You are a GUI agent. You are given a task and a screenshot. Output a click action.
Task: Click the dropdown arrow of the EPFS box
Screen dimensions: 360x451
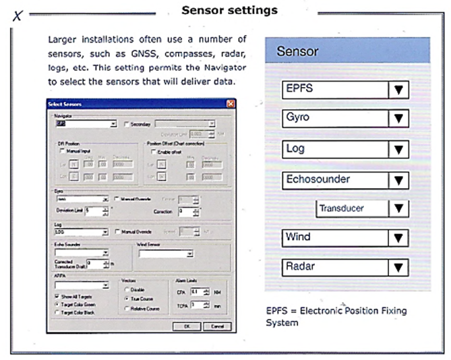[x=399, y=90]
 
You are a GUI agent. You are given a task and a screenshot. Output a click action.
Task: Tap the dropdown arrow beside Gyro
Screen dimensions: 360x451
[x=399, y=119]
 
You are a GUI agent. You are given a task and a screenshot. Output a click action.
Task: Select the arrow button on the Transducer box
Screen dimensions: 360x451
[x=399, y=209]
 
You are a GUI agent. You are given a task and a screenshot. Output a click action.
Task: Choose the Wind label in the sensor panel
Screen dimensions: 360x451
[x=297, y=237]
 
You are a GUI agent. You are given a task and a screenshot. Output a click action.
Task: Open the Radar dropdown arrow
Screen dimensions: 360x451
[x=399, y=267]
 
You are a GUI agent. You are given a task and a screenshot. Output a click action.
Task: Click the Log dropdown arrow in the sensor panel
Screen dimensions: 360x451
[x=399, y=149]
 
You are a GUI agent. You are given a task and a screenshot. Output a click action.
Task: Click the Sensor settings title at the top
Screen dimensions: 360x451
[x=229, y=11]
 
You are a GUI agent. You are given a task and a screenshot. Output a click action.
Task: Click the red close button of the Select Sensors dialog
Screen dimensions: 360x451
[x=231, y=103]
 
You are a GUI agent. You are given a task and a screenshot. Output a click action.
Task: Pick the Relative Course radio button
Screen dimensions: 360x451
[x=128, y=307]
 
